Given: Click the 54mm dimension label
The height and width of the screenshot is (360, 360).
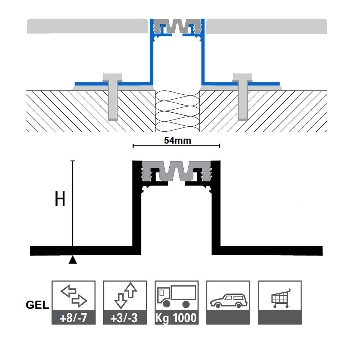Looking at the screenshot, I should click(x=177, y=140).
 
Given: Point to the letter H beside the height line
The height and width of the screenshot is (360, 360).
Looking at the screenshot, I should click(x=60, y=199).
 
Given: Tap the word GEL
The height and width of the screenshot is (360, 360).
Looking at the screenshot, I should click(x=37, y=305).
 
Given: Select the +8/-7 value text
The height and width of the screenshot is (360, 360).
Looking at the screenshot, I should click(x=73, y=318).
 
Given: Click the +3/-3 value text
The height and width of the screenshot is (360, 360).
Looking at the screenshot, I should click(x=125, y=318).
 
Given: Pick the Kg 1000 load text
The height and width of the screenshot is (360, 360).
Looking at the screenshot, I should click(x=176, y=318).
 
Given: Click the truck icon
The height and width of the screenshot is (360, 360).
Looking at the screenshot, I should click(x=176, y=296).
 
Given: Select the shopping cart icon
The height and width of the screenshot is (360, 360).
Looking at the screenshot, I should click(x=280, y=297).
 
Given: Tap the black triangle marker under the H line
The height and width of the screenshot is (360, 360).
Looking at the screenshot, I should click(x=73, y=259).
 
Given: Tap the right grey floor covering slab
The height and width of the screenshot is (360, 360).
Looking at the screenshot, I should click(x=266, y=26).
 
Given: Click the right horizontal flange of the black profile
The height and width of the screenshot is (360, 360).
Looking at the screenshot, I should click(x=270, y=250).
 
